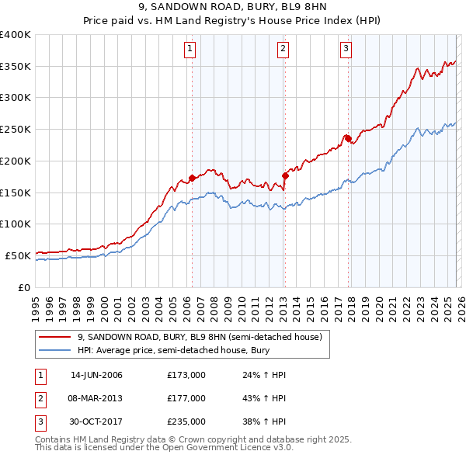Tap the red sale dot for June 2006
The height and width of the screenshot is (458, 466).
(192, 178)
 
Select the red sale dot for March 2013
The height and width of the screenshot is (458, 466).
(284, 175)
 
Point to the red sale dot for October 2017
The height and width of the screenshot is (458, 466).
(348, 139)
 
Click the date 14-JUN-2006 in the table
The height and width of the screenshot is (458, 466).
(96, 375)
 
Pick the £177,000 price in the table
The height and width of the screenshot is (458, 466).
(186, 398)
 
